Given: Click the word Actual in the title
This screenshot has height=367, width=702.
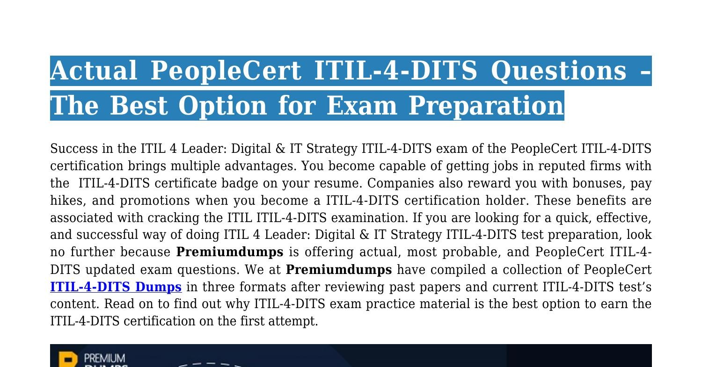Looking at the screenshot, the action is (94, 71).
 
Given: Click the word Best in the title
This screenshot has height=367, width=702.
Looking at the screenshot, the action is (139, 106).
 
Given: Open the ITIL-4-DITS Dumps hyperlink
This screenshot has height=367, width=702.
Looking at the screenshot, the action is (116, 287).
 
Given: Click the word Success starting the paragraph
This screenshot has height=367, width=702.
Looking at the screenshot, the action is (74, 148).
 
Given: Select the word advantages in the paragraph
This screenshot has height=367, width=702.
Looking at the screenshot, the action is (260, 166).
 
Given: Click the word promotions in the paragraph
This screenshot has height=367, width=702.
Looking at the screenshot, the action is (155, 201).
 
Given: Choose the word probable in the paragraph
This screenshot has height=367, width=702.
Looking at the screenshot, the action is (469, 252).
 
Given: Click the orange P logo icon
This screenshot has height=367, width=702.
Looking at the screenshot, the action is (68, 359).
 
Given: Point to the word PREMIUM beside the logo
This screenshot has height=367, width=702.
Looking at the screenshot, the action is (104, 358).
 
